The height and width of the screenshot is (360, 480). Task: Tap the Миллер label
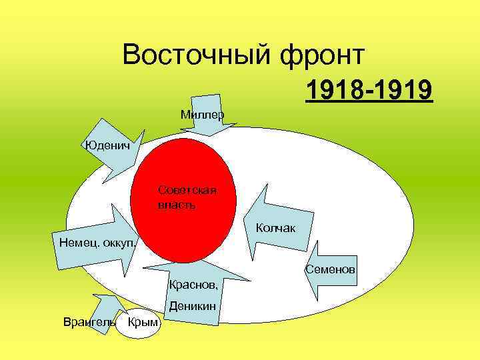(202, 115)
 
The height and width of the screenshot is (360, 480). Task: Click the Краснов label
(193, 285)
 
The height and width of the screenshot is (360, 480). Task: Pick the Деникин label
(193, 307)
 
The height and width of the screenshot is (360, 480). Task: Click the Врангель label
(88, 323)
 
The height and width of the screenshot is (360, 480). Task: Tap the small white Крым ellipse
(141, 323)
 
